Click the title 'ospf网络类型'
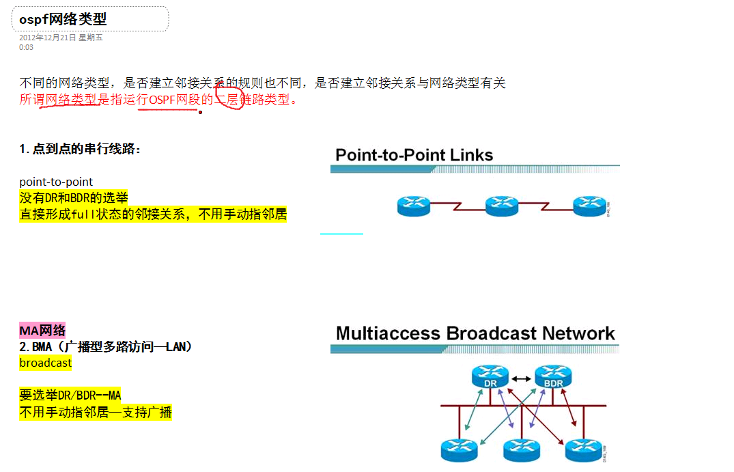click(63, 19)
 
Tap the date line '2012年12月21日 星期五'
click(61, 38)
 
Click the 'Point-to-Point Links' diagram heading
click(414, 155)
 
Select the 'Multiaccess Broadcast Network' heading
click(475, 333)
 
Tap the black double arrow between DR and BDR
click(521, 378)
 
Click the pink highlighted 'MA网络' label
click(42, 331)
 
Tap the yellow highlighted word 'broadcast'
click(45, 363)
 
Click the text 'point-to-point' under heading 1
click(56, 182)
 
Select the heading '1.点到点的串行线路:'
click(80, 149)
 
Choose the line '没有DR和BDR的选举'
click(74, 198)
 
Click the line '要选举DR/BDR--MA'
click(70, 395)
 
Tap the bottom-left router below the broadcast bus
click(459, 448)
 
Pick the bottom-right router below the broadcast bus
click(584, 448)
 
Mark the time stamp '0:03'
click(26, 47)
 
